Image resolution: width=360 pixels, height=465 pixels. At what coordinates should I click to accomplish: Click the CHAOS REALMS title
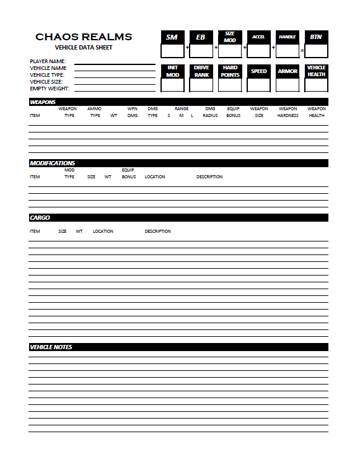(84, 37)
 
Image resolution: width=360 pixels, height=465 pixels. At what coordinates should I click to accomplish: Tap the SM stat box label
(172, 37)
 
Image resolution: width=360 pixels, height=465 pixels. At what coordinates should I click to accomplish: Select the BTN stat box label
(316, 37)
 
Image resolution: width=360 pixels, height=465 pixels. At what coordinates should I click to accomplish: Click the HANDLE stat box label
(288, 37)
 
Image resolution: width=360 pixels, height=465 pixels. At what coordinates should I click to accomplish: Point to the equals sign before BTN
(302, 49)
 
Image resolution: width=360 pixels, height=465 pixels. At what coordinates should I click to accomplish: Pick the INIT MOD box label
(172, 71)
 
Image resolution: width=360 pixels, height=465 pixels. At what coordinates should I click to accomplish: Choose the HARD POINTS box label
(230, 71)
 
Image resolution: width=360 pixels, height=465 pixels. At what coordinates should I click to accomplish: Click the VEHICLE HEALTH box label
(316, 71)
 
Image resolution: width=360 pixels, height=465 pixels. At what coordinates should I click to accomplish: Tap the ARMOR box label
(288, 71)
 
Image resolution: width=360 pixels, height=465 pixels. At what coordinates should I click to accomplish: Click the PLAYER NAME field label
(48, 61)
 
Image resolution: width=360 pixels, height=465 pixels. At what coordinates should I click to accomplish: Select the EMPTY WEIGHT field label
(49, 89)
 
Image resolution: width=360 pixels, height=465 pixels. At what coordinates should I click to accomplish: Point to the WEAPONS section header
(43, 102)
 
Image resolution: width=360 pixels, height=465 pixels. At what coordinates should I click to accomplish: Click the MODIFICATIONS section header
(53, 163)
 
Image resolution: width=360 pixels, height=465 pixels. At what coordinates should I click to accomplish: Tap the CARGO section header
(40, 218)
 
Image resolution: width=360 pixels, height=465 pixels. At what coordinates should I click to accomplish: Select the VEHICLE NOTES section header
(51, 347)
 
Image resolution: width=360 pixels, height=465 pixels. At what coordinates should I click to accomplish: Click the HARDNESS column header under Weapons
(288, 116)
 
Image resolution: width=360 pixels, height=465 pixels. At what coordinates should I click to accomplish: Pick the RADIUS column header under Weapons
(210, 116)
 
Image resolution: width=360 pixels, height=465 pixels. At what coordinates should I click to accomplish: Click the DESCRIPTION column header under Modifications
(209, 177)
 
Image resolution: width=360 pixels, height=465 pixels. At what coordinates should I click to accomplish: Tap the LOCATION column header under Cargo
(103, 232)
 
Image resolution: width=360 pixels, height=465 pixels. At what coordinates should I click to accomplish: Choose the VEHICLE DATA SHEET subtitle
(84, 48)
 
